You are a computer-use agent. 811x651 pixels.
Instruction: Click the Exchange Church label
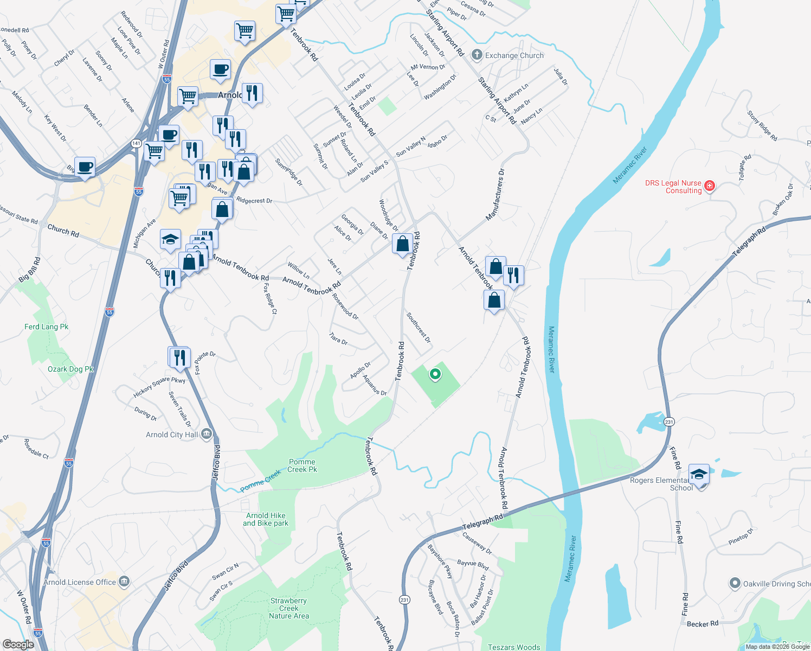[x=514, y=55]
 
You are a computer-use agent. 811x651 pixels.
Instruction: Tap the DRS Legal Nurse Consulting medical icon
[x=709, y=187]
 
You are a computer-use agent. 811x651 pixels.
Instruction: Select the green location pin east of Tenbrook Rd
[x=435, y=374]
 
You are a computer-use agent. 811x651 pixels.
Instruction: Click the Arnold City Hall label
[x=172, y=435]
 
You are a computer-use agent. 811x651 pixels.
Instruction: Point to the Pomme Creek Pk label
[x=302, y=465]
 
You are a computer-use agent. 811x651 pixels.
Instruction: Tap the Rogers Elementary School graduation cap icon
[x=699, y=474]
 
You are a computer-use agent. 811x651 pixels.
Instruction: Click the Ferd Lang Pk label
[x=47, y=327]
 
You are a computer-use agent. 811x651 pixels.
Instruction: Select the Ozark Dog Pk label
[x=70, y=369]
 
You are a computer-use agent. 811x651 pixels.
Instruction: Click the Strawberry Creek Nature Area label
[x=289, y=608]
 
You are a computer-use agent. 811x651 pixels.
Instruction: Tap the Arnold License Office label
[x=80, y=582]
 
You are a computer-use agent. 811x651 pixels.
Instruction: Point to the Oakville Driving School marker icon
[x=735, y=584]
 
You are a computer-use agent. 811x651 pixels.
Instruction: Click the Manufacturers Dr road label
[x=495, y=195]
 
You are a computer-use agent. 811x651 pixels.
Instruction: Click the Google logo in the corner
[x=18, y=644]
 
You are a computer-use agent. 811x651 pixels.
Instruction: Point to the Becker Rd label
[x=702, y=624]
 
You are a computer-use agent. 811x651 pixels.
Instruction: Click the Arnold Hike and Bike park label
[x=266, y=519]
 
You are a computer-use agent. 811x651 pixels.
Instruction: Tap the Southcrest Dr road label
[x=419, y=328]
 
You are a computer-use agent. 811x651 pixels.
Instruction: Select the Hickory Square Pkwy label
[x=159, y=386]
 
